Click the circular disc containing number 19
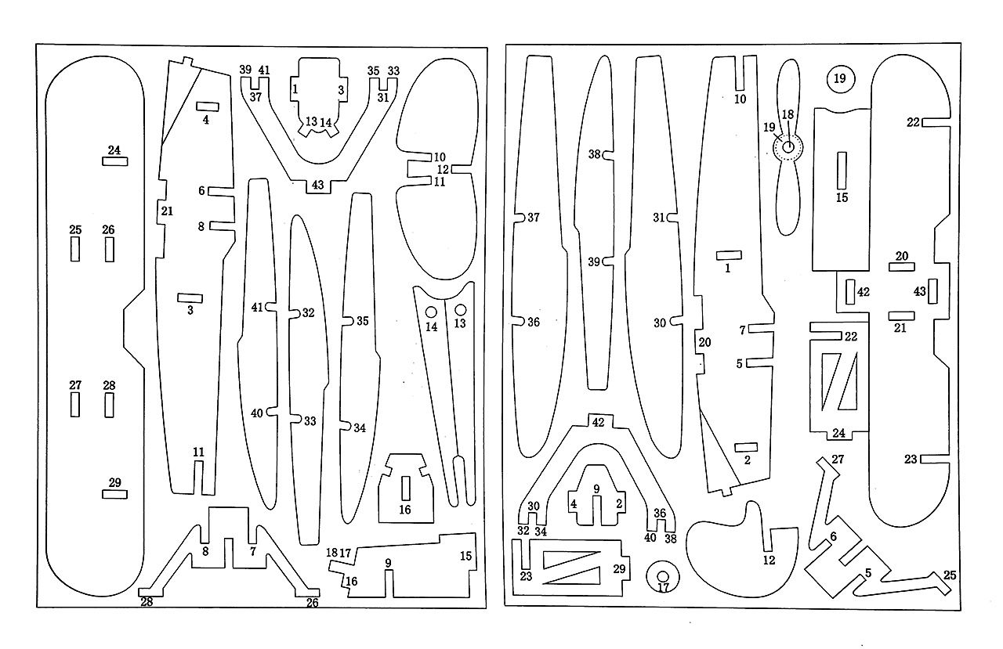841,79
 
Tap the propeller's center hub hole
788,146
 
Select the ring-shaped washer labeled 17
663,577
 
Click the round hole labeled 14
431,312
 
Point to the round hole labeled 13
460,310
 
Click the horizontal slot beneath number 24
115,161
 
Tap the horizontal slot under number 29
115,494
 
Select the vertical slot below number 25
75,249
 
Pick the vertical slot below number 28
109,405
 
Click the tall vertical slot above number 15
842,171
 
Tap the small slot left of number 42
850,292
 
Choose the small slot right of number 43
932,291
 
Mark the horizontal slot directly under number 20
902,267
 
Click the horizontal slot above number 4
208,107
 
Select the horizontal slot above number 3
190,298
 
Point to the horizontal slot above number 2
747,447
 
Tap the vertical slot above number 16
406,489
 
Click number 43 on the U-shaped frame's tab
318,185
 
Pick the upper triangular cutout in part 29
571,560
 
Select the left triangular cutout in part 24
828,381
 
